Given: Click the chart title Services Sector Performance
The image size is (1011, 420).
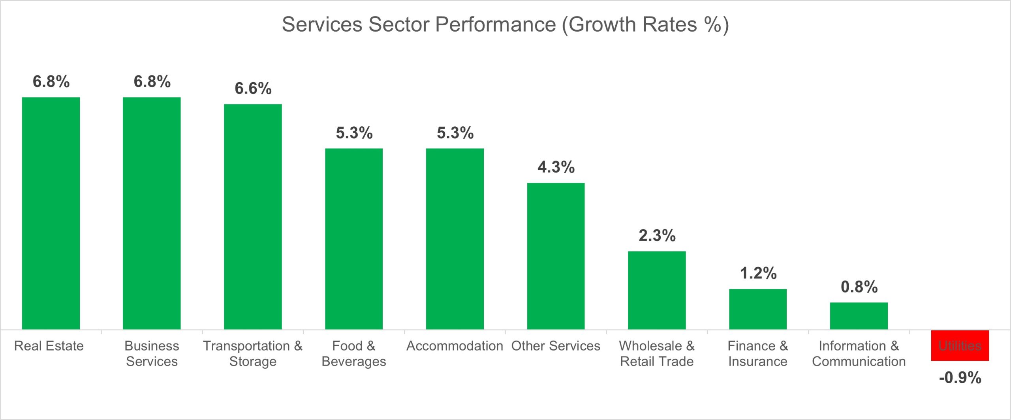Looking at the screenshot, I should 505,24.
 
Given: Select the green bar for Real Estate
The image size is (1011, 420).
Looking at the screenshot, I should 51,213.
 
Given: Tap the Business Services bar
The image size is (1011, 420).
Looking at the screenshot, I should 152,213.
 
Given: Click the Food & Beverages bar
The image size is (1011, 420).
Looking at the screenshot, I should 354,239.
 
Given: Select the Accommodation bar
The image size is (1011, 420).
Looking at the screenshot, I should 455,239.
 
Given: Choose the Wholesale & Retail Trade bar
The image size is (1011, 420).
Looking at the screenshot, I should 657,290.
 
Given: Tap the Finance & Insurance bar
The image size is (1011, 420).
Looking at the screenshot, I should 758,309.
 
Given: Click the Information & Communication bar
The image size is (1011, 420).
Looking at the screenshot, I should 859,316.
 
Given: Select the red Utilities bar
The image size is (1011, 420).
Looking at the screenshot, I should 960,345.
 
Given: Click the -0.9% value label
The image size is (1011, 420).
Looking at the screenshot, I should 960,378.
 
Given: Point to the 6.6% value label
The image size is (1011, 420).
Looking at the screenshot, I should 253,88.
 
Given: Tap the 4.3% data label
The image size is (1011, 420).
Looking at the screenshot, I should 556,167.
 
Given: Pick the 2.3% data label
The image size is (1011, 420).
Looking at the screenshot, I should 657,236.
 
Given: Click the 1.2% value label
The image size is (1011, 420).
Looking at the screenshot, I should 758,273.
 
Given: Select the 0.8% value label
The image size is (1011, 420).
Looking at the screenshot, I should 859,287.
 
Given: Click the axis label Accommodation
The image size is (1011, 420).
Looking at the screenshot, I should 455,346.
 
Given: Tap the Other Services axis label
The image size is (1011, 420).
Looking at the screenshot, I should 556,346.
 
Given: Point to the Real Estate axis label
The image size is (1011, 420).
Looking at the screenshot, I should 49,346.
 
